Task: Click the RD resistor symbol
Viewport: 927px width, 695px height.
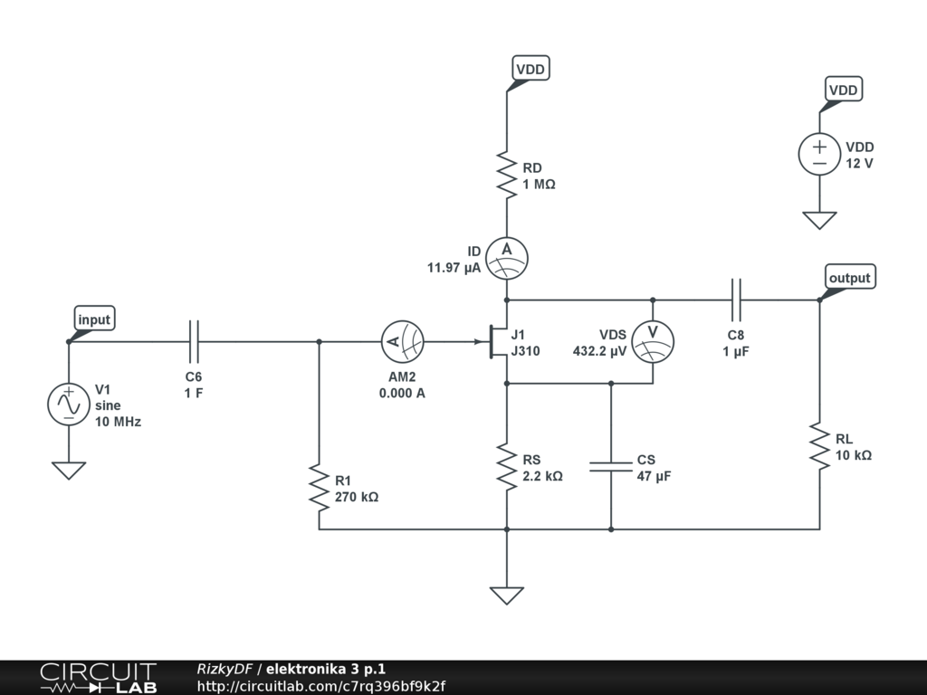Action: pos(507,175)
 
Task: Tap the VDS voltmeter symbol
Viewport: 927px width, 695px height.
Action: pos(653,341)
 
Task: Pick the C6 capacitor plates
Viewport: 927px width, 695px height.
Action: pos(194,341)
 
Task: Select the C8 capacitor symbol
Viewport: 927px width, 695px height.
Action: pos(736,300)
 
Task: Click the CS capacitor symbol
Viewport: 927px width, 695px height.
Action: pos(611,467)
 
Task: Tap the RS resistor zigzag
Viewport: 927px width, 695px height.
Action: pos(507,467)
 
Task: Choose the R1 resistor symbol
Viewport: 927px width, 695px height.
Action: pos(320,488)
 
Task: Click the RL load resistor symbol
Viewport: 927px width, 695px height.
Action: pos(819,446)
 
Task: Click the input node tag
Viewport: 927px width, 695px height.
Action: pos(94,319)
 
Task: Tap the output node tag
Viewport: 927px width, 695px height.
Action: pos(849,277)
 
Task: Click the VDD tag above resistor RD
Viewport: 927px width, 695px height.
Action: pos(530,69)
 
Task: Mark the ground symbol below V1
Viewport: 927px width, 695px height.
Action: pos(69,471)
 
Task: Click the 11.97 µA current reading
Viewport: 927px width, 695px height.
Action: pos(454,268)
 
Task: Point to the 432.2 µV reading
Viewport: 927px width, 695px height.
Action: pos(599,351)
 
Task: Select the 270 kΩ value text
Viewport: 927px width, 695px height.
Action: pos(357,497)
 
